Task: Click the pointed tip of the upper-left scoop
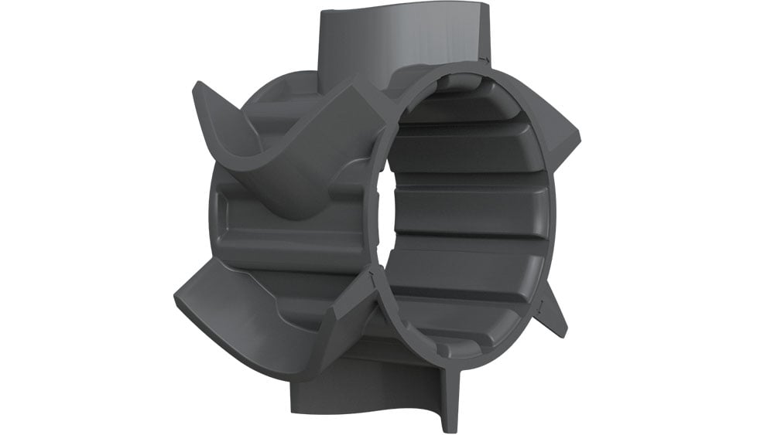click(x=194, y=85)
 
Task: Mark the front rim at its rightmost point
click(x=555, y=216)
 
